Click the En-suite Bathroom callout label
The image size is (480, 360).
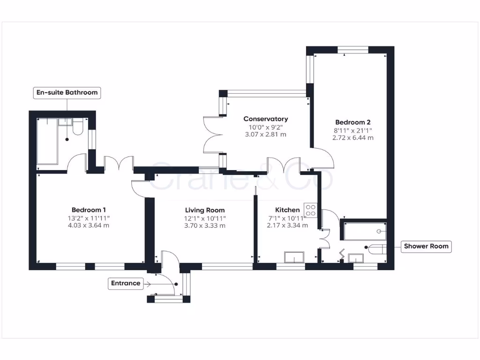point(67,92)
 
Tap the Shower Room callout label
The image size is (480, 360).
point(426,246)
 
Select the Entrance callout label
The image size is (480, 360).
point(126,283)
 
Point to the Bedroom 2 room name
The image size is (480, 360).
point(352,122)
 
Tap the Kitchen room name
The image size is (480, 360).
point(287,210)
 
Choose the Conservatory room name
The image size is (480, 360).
point(265,119)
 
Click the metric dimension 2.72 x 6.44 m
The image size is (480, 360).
point(352,138)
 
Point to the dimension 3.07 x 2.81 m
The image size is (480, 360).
point(265,135)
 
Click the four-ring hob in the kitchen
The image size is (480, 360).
point(311,210)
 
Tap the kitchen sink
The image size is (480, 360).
point(294,257)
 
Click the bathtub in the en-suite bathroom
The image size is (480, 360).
point(47,141)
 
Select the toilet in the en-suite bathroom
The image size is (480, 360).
point(78,127)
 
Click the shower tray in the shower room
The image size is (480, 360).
point(364,231)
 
